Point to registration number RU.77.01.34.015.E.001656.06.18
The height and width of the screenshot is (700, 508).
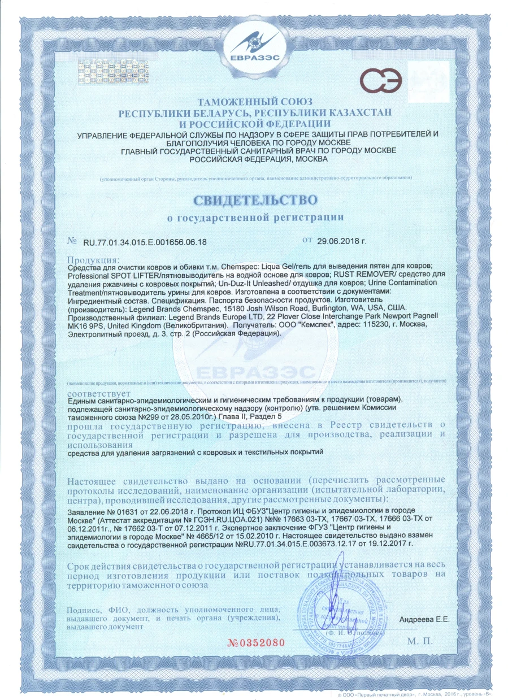[x=145, y=242]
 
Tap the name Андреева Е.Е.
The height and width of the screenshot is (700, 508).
[x=424, y=619]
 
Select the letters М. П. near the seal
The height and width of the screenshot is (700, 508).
[x=419, y=642]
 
